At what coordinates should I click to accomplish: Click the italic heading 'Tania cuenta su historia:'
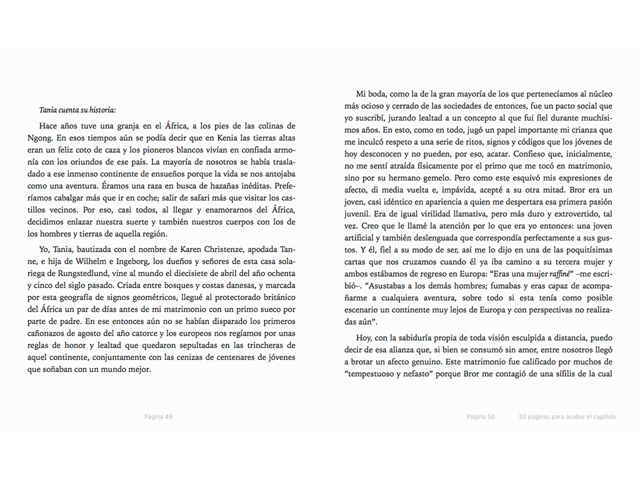pyautogui.click(x=77, y=109)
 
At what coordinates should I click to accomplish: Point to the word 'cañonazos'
pyautogui.click(x=57, y=334)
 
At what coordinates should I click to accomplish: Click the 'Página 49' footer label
pyautogui.click(x=158, y=417)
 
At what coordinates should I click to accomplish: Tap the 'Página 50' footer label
pyautogui.click(x=481, y=417)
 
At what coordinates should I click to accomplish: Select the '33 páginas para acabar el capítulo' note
pyautogui.click(x=567, y=417)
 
